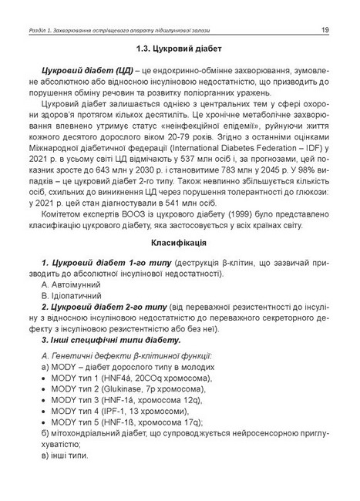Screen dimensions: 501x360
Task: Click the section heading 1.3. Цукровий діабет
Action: (180, 49)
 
